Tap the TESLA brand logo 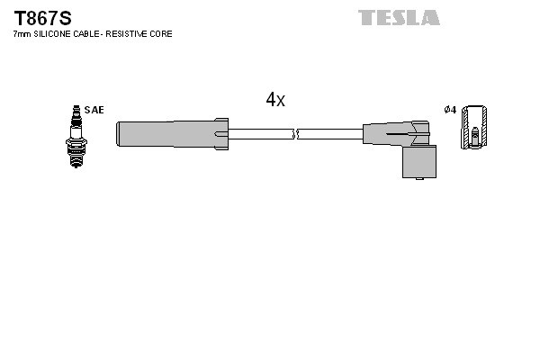pyautogui.click(x=399, y=17)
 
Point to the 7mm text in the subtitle pyautogui.click(x=22, y=34)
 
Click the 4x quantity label pyautogui.click(x=274, y=100)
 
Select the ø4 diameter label pyautogui.click(x=450, y=110)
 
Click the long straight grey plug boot pyautogui.click(x=166, y=134)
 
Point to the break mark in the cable pyautogui.click(x=296, y=134)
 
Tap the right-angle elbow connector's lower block pyautogui.click(x=418, y=161)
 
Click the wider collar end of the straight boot pyautogui.click(x=220, y=134)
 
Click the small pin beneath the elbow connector pyautogui.click(x=419, y=179)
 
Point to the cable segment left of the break pyautogui.click(x=261, y=134)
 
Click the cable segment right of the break pyautogui.click(x=330, y=134)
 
